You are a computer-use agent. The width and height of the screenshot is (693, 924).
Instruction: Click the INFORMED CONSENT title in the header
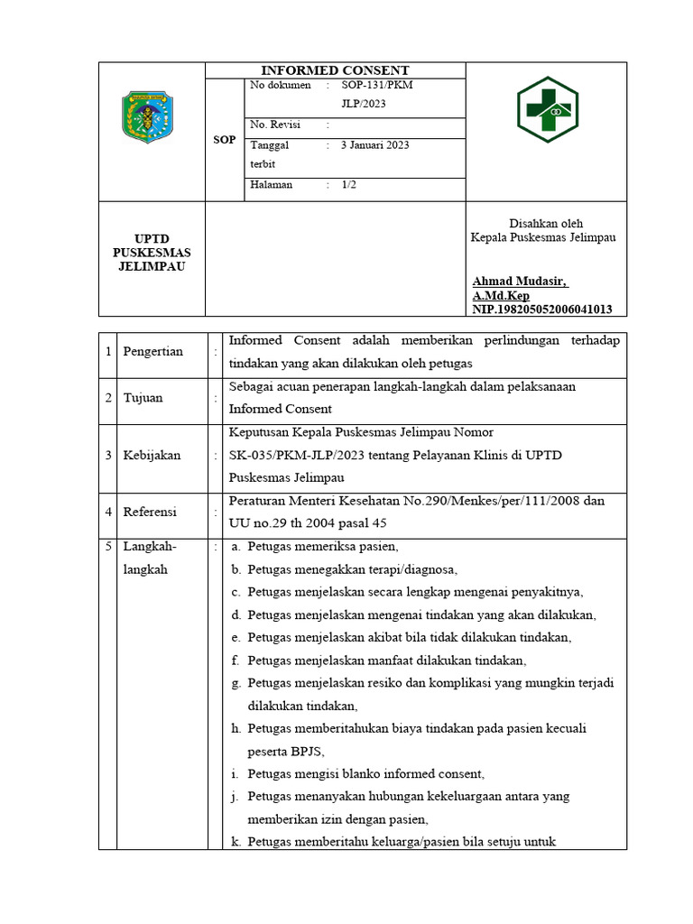(335, 70)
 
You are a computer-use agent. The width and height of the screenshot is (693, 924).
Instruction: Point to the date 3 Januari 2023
(374, 144)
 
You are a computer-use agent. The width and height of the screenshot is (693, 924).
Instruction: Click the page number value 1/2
(349, 184)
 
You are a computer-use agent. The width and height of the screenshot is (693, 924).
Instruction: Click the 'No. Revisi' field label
(275, 125)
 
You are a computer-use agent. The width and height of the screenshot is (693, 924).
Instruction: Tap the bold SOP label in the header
(224, 140)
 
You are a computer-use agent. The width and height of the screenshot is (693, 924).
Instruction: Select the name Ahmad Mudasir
(520, 282)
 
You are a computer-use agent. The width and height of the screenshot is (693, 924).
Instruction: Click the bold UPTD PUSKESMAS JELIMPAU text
(152, 253)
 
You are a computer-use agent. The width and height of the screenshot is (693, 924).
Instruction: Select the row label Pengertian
(153, 352)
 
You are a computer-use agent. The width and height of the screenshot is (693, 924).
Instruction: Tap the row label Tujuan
(143, 398)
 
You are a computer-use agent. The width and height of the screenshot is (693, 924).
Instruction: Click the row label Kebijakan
(152, 456)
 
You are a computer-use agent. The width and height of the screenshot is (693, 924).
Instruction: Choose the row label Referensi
(151, 512)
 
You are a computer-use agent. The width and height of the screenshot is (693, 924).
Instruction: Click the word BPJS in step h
(305, 751)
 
